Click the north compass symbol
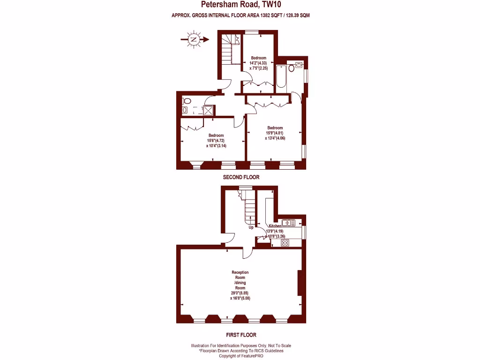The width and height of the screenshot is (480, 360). pyautogui.click(x=193, y=40)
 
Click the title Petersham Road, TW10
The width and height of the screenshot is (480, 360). pyautogui.click(x=240, y=5)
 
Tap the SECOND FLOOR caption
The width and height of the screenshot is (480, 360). pyautogui.click(x=240, y=178)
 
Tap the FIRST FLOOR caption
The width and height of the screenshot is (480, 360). pyautogui.click(x=240, y=335)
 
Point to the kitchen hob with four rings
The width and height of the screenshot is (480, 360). pyautogui.click(x=284, y=242)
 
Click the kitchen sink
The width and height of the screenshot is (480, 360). pyautogui.click(x=286, y=222)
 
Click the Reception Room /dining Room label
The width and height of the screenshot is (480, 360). pyautogui.click(x=240, y=285)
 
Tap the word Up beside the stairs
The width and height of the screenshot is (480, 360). pyautogui.click(x=251, y=227)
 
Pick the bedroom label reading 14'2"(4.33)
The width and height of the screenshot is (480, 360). pyautogui.click(x=258, y=63)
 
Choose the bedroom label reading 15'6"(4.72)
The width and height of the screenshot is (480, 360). pyautogui.click(x=216, y=141)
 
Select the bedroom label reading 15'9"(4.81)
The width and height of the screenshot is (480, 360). pyautogui.click(x=275, y=133)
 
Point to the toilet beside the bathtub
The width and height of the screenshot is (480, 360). pyautogui.click(x=291, y=68)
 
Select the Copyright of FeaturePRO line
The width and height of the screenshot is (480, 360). pyautogui.click(x=241, y=356)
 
